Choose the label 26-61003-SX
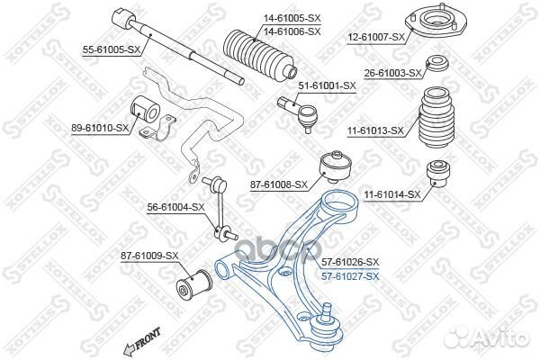tap(389, 72)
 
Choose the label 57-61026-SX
tap(350, 262)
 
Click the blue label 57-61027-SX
tap(350, 276)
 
